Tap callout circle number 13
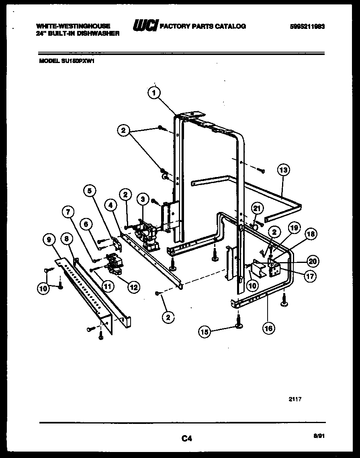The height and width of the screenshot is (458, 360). click(283, 170)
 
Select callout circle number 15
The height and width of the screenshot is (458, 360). click(205, 332)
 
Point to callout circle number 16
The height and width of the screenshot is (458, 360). click(268, 328)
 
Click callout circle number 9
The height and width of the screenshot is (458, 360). click(49, 240)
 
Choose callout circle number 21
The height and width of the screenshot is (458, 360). click(256, 208)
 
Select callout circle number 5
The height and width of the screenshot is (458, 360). click(90, 191)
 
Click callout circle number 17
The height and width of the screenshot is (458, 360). click(311, 276)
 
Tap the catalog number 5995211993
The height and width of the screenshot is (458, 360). click(307, 26)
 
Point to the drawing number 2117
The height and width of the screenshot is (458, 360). click(295, 399)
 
